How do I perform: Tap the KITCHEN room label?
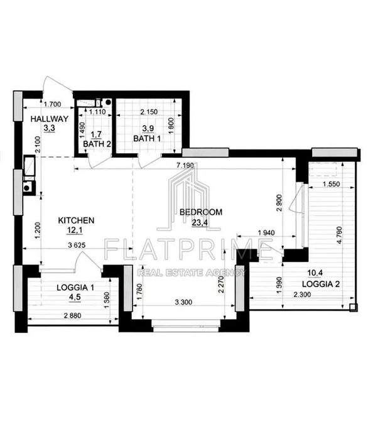76,220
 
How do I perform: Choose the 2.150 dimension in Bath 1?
149,112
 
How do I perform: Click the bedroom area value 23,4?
198,222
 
